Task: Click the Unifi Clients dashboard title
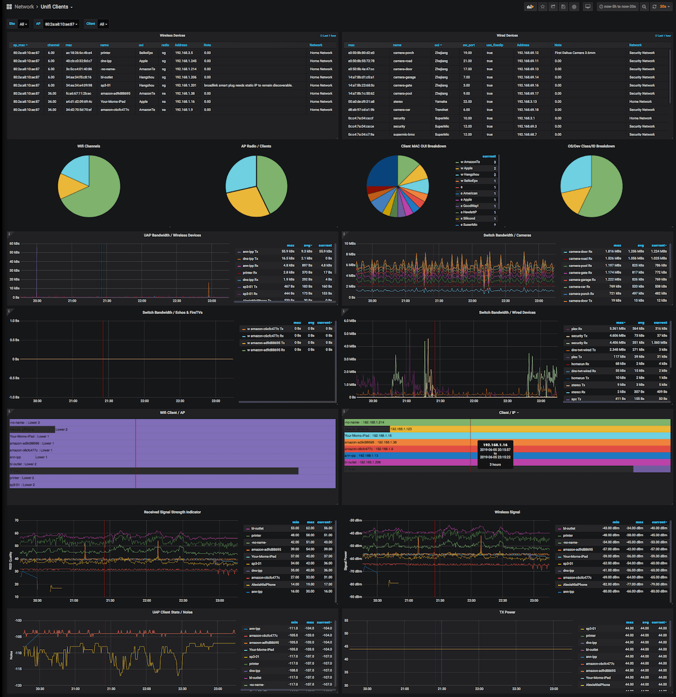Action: [x=54, y=7]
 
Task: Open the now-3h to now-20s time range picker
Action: [x=619, y=7]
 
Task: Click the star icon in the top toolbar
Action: [x=542, y=7]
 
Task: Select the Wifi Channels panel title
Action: [x=88, y=146]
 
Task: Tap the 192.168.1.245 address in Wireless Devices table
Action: [x=186, y=61]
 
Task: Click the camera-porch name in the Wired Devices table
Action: [x=403, y=53]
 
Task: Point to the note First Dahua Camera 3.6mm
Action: [x=575, y=53]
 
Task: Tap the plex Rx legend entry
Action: [x=576, y=329]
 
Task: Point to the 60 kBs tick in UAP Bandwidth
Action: [x=15, y=243]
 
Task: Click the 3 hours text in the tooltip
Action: [x=495, y=464]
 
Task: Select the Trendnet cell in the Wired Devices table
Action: [x=441, y=110]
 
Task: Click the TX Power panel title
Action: [x=507, y=612]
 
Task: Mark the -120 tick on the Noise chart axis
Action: [x=18, y=685]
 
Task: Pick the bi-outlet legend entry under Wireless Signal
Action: [x=569, y=529]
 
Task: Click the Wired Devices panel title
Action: [x=507, y=35]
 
